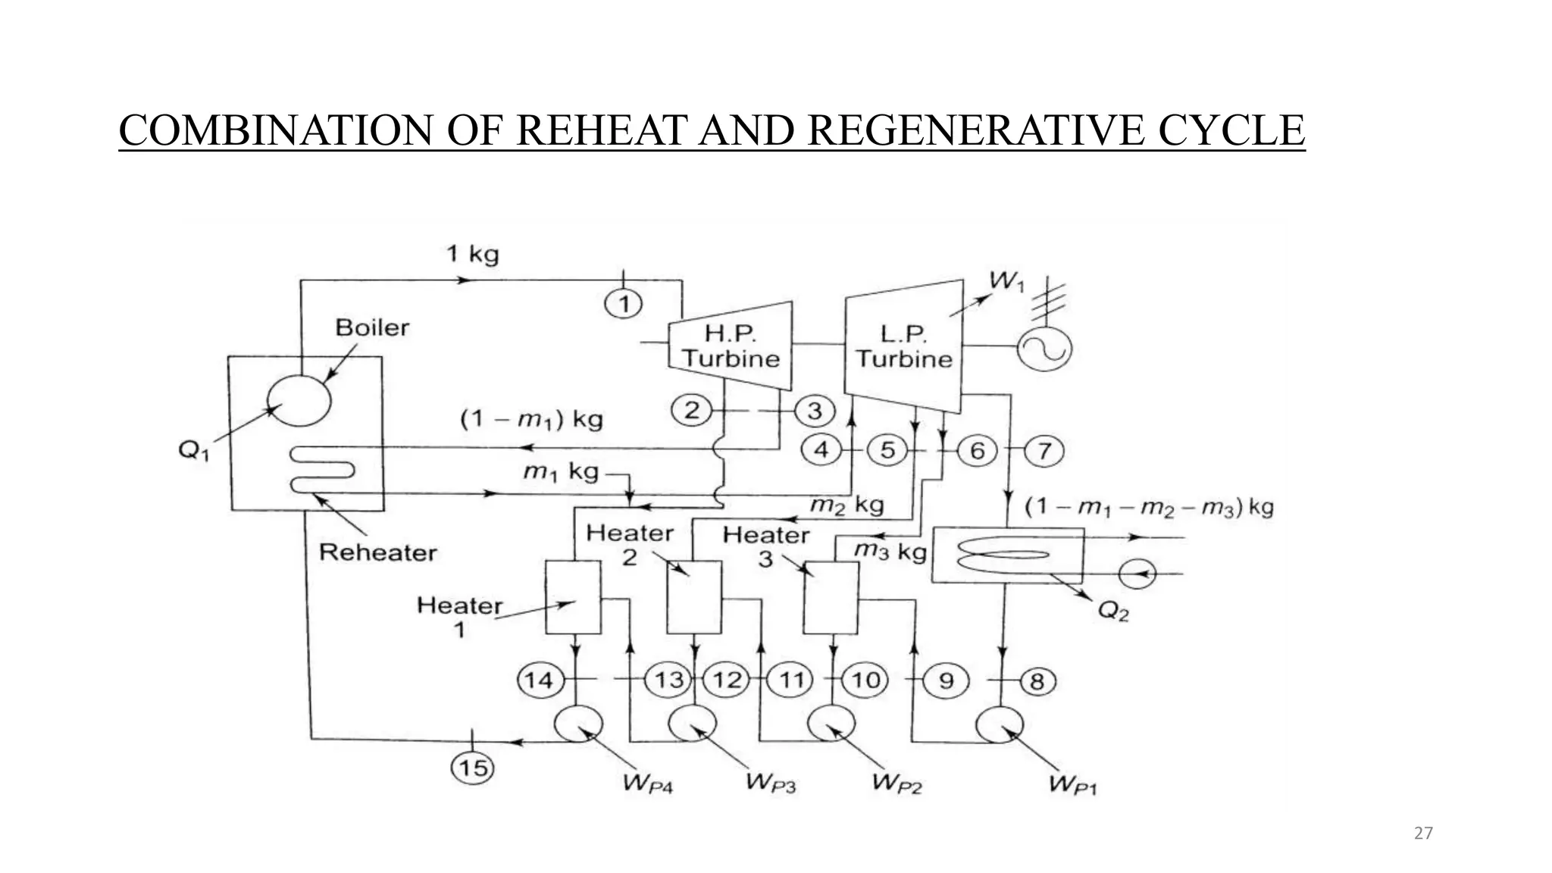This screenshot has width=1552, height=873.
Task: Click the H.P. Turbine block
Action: pyautogui.click(x=730, y=346)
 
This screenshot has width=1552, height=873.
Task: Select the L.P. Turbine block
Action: pyautogui.click(x=903, y=346)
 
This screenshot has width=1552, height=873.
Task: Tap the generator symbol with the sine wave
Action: pyautogui.click(x=1044, y=349)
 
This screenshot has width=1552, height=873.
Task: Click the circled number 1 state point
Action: pyautogui.click(x=624, y=304)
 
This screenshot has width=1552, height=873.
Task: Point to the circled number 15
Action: pyautogui.click(x=473, y=768)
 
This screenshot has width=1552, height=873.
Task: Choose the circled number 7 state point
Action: pyautogui.click(x=1044, y=451)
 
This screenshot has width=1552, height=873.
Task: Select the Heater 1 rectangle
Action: pyautogui.click(x=573, y=597)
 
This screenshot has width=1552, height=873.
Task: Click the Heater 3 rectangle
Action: pyautogui.click(x=831, y=597)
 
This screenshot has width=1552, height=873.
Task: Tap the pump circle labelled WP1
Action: pyautogui.click(x=999, y=725)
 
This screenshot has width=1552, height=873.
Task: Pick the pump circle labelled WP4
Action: pyautogui.click(x=578, y=725)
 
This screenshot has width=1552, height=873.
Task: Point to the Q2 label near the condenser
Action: pyautogui.click(x=1112, y=611)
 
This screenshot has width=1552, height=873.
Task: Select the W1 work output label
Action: pyautogui.click(x=1007, y=281)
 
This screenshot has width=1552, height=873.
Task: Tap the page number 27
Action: pyautogui.click(x=1423, y=834)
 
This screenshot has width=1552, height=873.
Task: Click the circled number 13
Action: pyautogui.click(x=668, y=680)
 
